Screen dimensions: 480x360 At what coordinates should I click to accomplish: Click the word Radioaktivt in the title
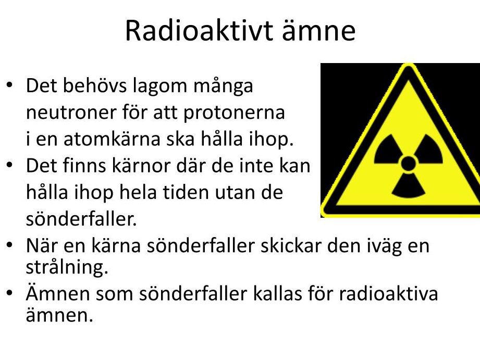click(199, 30)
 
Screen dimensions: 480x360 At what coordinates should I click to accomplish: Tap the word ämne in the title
click(318, 30)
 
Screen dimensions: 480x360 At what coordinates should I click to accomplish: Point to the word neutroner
click(71, 113)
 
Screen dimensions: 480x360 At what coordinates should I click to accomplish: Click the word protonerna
click(234, 113)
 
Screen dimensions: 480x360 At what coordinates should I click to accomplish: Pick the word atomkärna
click(112, 139)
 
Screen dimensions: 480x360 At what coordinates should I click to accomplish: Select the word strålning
click(67, 268)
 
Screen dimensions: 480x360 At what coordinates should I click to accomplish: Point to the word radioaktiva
click(388, 293)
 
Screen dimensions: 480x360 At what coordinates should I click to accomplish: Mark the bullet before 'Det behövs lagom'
click(9, 85)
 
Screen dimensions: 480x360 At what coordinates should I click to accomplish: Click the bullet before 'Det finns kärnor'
click(9, 165)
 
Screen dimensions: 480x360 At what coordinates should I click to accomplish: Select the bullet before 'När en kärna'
click(9, 245)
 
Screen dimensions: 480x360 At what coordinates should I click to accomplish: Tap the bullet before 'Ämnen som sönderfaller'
click(9, 293)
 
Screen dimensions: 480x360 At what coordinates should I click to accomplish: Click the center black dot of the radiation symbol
click(408, 163)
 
